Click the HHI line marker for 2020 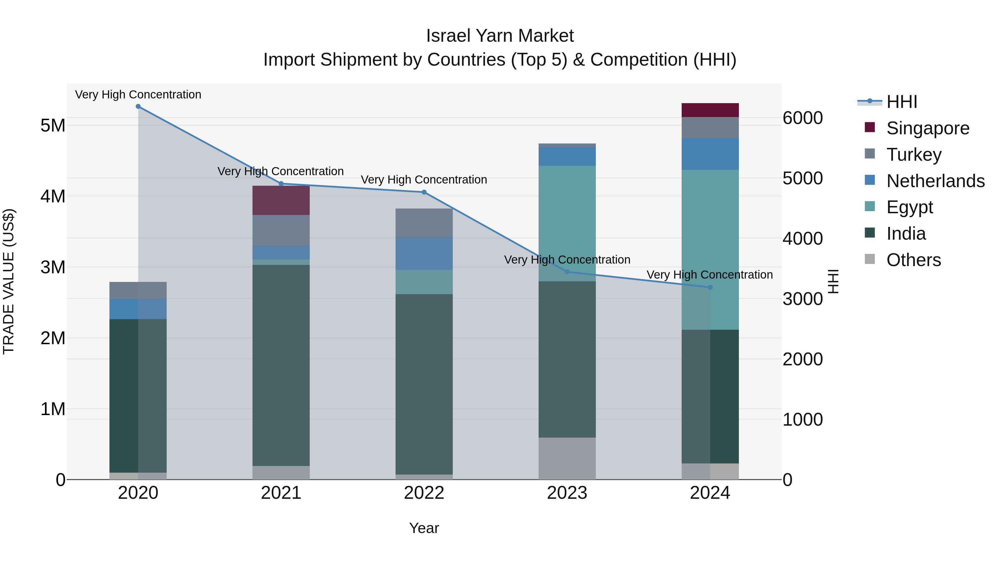[138, 106]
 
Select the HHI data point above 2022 [424, 192]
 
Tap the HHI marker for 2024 [710, 287]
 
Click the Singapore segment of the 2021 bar [281, 200]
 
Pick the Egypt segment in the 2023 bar [567, 224]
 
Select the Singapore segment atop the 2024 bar [710, 110]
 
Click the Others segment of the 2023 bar [567, 458]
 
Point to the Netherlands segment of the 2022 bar [424, 254]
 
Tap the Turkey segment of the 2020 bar [138, 291]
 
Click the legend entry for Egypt [909, 207]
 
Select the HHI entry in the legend [902, 102]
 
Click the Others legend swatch [870, 259]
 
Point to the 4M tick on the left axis [53, 197]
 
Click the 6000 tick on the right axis [802, 118]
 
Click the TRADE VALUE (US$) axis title [9, 282]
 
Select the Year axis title [424, 529]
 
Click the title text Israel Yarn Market [500, 36]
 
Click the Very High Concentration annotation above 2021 [280, 171]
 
